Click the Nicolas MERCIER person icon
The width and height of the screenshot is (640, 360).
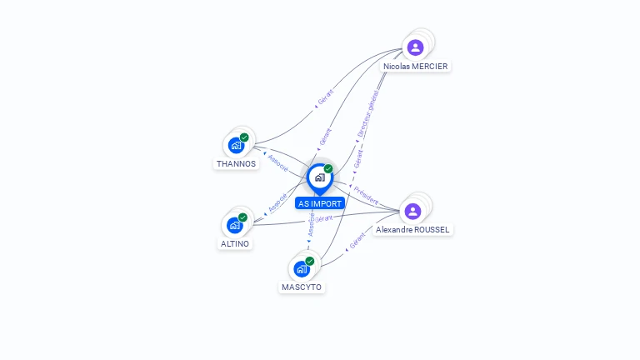pyautogui.click(x=415, y=47)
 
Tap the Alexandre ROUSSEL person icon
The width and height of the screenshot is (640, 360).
pyautogui.click(x=412, y=211)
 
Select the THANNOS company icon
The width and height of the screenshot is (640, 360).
pyautogui.click(x=236, y=145)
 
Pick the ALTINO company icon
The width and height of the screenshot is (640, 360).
pyautogui.click(x=235, y=225)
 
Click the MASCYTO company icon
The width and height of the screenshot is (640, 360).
pyautogui.click(x=302, y=269)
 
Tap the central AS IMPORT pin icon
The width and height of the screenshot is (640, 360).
pyautogui.click(x=319, y=177)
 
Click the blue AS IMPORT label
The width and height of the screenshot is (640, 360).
pyautogui.click(x=320, y=203)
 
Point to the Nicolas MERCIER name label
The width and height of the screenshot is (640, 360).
pyautogui.click(x=415, y=66)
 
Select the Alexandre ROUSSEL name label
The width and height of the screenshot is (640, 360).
pyautogui.click(x=413, y=229)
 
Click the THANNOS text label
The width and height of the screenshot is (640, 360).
pyautogui.click(x=237, y=164)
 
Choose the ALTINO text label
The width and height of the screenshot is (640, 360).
pyautogui.click(x=235, y=244)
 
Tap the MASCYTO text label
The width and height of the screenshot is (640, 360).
pyautogui.click(x=302, y=287)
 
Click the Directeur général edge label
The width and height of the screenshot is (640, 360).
pyautogui.click(x=367, y=114)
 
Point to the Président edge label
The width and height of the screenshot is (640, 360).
pyautogui.click(x=366, y=195)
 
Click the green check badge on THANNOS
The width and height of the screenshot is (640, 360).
pyautogui.click(x=244, y=137)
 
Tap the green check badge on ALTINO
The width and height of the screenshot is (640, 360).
pyautogui.click(x=243, y=217)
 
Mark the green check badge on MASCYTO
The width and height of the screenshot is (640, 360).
pyautogui.click(x=310, y=261)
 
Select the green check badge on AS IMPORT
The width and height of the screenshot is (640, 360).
pyautogui.click(x=328, y=169)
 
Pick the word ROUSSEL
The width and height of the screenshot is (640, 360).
pyautogui.click(x=432, y=229)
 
